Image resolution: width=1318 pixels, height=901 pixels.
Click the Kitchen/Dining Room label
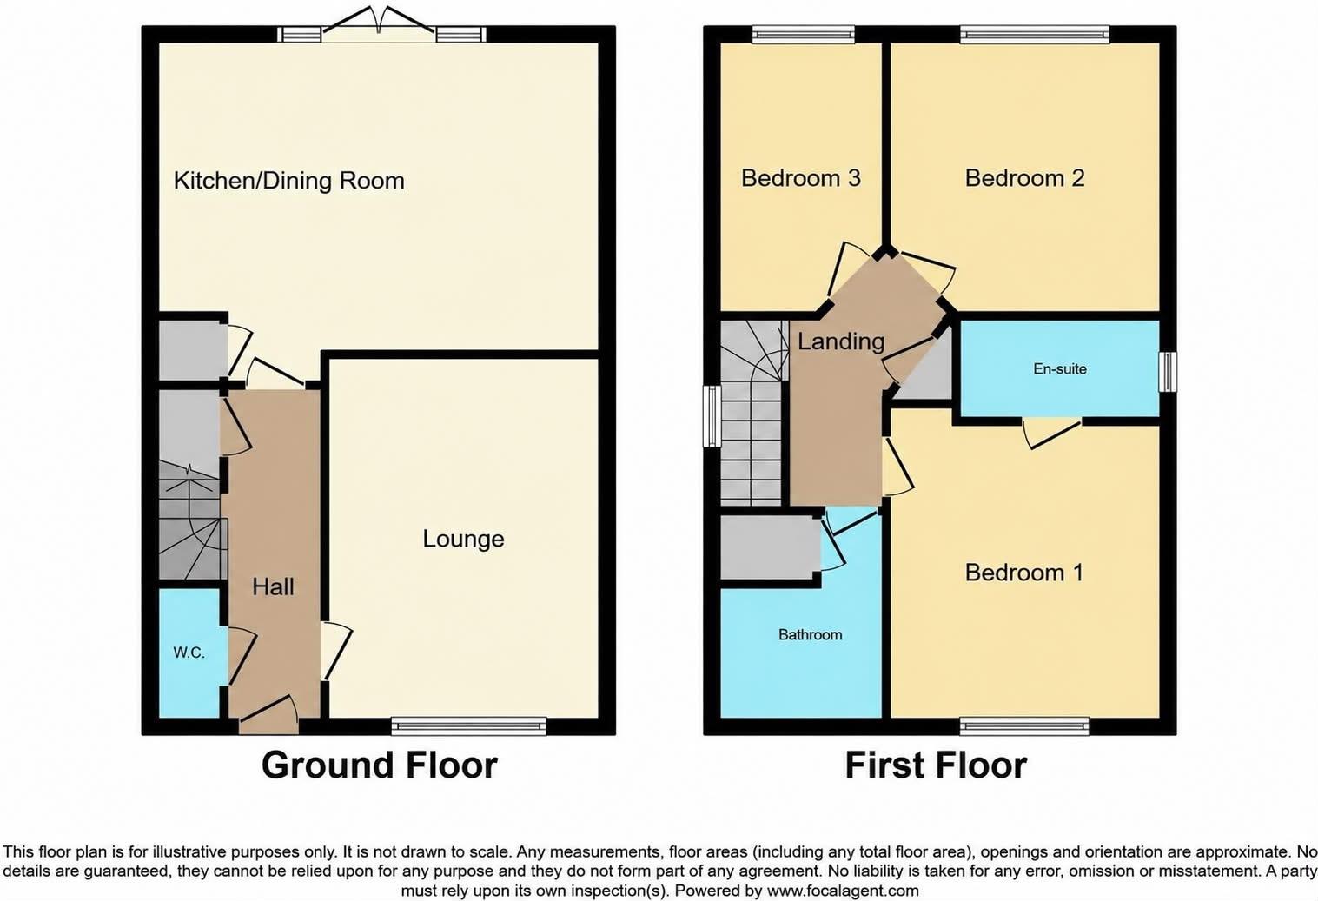289,181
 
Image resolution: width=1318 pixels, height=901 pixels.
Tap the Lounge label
464,539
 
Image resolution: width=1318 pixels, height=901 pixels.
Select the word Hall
273,586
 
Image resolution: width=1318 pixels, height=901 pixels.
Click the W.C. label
189,652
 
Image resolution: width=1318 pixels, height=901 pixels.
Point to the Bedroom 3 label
801,178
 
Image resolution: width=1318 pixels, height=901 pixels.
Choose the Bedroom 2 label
1024,178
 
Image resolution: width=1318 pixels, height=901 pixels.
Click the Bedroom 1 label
1023,572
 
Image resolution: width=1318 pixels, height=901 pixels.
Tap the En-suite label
1060,369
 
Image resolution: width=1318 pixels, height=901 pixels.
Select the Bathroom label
811,634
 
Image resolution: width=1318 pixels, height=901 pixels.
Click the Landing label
841,341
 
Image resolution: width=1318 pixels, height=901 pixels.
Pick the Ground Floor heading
380,765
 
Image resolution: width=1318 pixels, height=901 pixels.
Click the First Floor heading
936,765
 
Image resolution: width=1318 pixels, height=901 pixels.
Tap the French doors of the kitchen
379,23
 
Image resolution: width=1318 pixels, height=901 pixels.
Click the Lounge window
469,725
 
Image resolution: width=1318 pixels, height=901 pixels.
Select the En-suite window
1168,371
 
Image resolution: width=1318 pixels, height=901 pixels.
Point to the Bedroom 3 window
803,34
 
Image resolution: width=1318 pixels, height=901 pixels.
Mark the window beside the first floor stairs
712,416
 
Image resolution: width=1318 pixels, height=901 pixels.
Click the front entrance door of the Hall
268,714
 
